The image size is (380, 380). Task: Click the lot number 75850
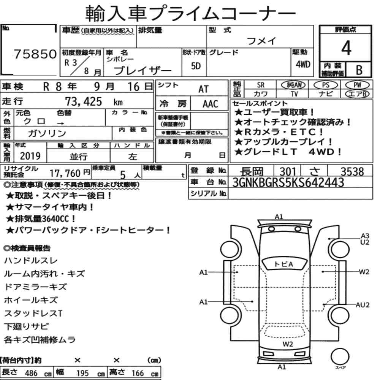[x=35, y=54]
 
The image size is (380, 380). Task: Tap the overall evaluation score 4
[x=346, y=48]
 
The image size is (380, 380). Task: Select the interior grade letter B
[x=359, y=70]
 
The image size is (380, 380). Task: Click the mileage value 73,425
[x=83, y=101]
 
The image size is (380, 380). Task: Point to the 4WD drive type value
[x=303, y=65]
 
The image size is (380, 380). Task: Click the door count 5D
[x=196, y=66]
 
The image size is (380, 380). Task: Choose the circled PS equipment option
[x=326, y=85]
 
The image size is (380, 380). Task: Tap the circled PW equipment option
[x=357, y=85]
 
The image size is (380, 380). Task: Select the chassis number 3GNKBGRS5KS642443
[x=288, y=182]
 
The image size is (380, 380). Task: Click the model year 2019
[x=30, y=156]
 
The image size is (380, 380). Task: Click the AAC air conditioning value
[x=210, y=104]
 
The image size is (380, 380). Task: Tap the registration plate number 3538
[x=352, y=172]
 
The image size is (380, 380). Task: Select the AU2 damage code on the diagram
[x=362, y=305]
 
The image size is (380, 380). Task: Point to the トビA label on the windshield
[x=283, y=264]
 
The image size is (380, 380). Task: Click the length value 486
[x=31, y=373]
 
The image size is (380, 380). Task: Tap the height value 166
[x=138, y=373]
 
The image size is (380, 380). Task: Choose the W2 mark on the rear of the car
[x=288, y=344]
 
